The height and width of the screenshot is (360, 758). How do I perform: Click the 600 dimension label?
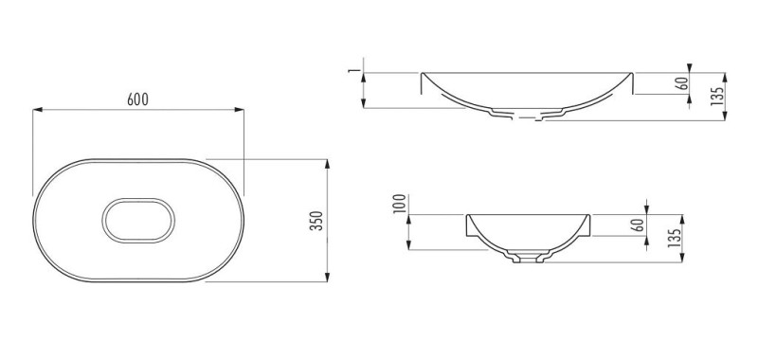[x=137, y=99]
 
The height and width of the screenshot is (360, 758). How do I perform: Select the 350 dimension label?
[x=316, y=221]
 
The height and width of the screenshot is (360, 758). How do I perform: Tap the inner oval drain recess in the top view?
[x=138, y=198]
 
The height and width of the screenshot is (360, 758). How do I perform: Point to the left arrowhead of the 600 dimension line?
[x=38, y=110]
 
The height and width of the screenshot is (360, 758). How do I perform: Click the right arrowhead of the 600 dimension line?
[x=240, y=110]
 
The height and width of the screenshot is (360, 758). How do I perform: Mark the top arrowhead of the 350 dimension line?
[x=327, y=164]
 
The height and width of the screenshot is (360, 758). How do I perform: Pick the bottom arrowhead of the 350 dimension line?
[x=327, y=277]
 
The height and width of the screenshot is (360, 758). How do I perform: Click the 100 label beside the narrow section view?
[x=399, y=204]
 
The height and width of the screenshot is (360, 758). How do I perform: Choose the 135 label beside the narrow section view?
[x=675, y=238]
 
